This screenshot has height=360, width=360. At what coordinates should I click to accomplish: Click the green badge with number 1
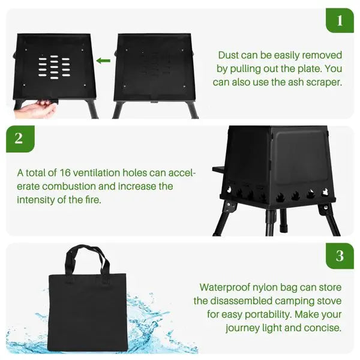(x=340, y=21)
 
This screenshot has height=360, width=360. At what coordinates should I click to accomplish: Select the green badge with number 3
(x=340, y=256)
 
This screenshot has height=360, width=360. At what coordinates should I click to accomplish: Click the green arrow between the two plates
(x=104, y=61)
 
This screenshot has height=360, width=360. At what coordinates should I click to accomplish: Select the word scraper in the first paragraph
(x=325, y=82)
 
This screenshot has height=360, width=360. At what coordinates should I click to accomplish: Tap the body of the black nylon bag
(x=88, y=312)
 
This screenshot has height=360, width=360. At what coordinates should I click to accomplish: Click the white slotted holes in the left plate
(x=53, y=69)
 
